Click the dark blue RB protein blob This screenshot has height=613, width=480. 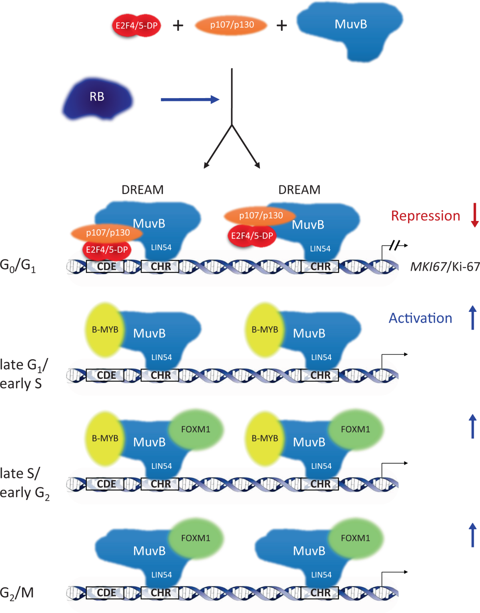(97, 98)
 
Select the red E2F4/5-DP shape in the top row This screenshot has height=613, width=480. (136, 26)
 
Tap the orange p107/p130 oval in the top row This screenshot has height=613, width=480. (231, 25)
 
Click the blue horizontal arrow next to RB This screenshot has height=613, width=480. (190, 99)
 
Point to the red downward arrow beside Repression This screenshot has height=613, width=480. (475, 215)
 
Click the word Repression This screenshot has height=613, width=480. (425, 216)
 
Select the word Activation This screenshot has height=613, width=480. (420, 318)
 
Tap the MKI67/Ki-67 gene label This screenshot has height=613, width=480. (445, 267)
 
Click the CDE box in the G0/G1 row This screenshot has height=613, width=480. (106, 266)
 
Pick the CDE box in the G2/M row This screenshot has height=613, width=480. (106, 593)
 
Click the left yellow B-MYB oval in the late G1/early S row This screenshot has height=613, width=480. (105, 330)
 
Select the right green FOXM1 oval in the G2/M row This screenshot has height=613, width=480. (355, 538)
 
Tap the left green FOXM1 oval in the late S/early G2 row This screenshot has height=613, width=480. (196, 430)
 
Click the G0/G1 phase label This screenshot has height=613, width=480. (18, 265)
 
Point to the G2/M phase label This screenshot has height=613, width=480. (17, 593)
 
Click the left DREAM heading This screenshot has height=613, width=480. (142, 190)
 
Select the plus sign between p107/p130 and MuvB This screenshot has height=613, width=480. (282, 26)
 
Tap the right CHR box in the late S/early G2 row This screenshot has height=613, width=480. (320, 484)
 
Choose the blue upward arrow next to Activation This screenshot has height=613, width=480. (473, 318)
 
